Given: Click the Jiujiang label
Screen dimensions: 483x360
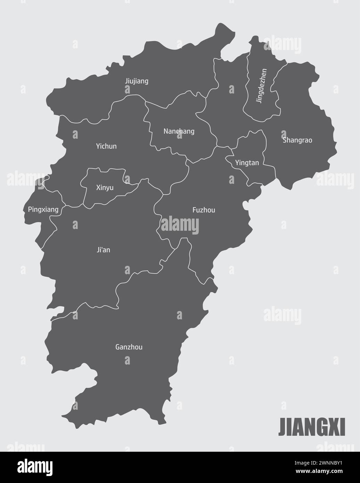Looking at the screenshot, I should pos(137,81).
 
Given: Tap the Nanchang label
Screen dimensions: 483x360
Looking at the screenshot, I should pos(179,131).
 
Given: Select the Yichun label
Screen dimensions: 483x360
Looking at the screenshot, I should pos(106,146).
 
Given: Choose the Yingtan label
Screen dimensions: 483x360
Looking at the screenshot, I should pos(247,162).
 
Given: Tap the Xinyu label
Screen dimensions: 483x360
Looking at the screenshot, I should pos(105,188).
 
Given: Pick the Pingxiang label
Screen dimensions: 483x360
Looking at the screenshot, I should pos(43,210).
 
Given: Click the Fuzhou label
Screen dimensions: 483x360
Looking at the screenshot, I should pos(204,210).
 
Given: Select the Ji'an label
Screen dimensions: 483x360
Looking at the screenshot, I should pos(104,249).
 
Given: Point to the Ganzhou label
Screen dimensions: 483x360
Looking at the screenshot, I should pos(129,347).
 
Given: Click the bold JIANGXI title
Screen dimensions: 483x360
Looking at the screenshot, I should pos(312,427).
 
